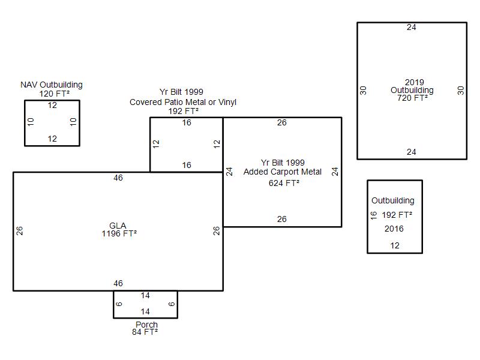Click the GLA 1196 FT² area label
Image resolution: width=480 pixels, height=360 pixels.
click(119, 230)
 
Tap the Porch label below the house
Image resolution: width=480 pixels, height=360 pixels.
click(146, 324)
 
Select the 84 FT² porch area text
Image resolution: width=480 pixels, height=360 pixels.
click(145, 332)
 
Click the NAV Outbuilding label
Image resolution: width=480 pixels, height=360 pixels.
click(52, 85)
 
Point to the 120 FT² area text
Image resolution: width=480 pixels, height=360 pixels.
click(54, 94)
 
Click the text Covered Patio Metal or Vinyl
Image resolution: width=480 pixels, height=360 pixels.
click(183, 102)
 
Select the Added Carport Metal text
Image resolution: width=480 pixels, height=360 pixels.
click(282, 172)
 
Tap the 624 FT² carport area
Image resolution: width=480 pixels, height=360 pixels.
click(284, 183)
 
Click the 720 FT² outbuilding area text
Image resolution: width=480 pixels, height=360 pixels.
click(412, 98)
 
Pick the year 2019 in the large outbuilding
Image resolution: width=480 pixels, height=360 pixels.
click(415, 82)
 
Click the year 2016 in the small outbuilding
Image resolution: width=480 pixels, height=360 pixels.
click(394, 229)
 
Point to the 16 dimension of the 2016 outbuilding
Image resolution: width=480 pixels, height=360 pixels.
click(373, 215)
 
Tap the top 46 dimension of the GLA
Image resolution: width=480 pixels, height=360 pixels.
click(118, 178)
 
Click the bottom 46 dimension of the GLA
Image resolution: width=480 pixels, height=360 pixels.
click(118, 283)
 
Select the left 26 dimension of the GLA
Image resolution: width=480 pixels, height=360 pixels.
click(19, 230)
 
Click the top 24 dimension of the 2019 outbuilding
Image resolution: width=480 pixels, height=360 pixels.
click(412, 27)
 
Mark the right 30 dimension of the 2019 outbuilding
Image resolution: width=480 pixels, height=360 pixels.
click(461, 91)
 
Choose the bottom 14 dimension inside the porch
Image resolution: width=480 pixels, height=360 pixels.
click(145, 311)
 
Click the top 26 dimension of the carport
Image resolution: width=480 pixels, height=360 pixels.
click(282, 123)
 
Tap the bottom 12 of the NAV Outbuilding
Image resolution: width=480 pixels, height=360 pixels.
click(52, 139)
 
